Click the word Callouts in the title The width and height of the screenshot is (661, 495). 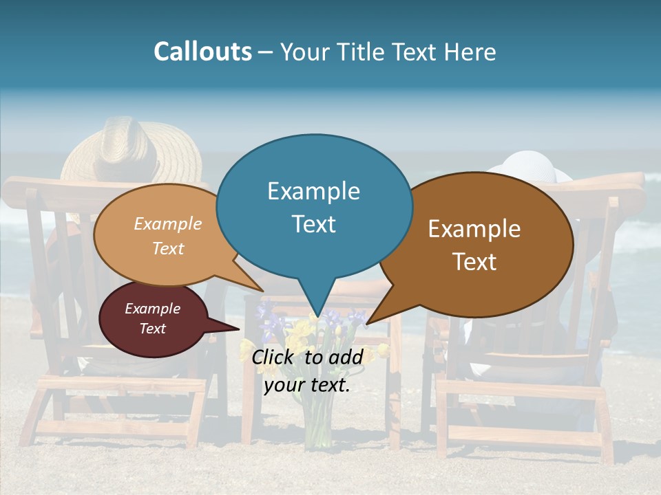point(202,52)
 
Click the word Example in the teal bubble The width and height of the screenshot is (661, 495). point(313,190)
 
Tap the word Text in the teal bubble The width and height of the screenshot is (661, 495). point(313,224)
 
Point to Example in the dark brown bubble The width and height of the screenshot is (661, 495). point(474,228)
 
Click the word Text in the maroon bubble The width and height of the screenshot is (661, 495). point(152,329)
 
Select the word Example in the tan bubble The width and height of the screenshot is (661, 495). point(167,224)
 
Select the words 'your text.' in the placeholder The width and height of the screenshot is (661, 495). point(307,385)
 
